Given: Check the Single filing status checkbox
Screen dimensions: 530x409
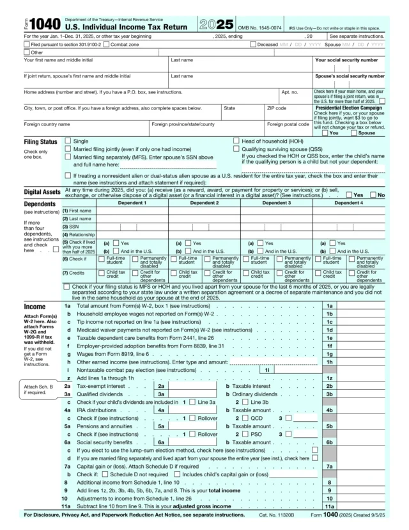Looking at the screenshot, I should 68,140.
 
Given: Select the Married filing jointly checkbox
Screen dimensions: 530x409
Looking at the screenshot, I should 68,149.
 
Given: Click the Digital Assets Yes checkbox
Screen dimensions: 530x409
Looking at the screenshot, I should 349,194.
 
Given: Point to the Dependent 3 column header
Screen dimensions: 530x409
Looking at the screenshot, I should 276,203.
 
